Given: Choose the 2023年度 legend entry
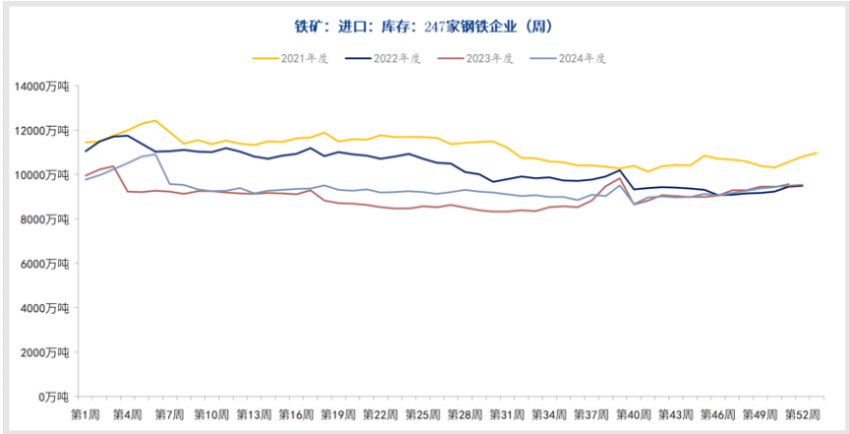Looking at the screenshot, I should [x=487, y=58].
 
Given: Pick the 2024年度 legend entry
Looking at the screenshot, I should [x=580, y=58].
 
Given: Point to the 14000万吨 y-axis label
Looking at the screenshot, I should [x=41, y=87].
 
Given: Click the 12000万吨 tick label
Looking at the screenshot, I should [x=41, y=131].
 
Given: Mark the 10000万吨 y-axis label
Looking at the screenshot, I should [x=41, y=175].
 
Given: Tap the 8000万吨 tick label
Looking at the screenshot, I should [x=44, y=219].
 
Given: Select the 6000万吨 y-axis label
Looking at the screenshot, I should [x=44, y=264].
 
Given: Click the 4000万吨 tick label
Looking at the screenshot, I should [x=44, y=308].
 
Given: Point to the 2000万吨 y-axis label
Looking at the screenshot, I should [x=44, y=352].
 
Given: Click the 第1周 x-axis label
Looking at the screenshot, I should [x=85, y=415].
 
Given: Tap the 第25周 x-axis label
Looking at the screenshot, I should [x=424, y=415].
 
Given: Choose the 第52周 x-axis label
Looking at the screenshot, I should [x=803, y=415].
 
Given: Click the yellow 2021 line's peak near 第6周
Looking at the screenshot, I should [x=155, y=120].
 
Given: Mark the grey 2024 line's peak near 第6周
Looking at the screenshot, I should [x=155, y=154].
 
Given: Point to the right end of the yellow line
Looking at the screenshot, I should [x=817, y=153].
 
